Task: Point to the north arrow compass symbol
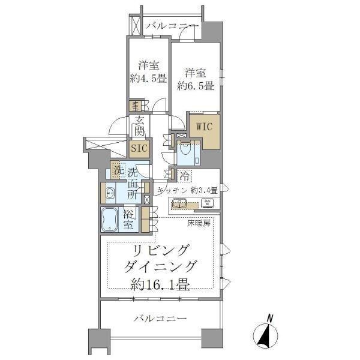pos(266,332)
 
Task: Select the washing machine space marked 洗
pos(116,170)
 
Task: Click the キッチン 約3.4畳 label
pos(187,190)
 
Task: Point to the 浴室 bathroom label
pos(128,220)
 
